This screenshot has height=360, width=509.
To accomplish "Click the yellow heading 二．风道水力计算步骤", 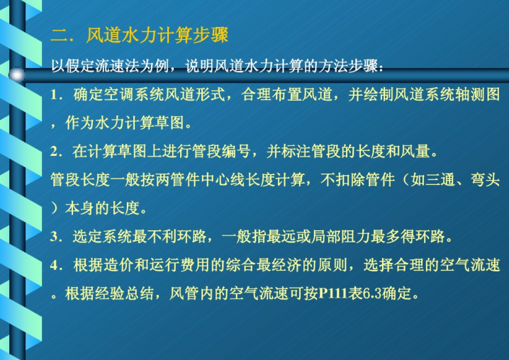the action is pyautogui.click(x=140, y=35).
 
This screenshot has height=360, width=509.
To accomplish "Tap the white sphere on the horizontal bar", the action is pyautogui.click(x=17, y=75).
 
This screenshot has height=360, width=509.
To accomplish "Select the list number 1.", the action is pyautogui.click(x=54, y=95).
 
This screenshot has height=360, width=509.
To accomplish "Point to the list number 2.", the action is pyautogui.click(x=54, y=152).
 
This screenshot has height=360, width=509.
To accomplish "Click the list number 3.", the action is pyautogui.click(x=54, y=237).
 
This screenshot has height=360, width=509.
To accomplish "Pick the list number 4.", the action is pyautogui.click(x=54, y=265).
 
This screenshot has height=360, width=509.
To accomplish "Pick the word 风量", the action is pyautogui.click(x=415, y=152).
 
